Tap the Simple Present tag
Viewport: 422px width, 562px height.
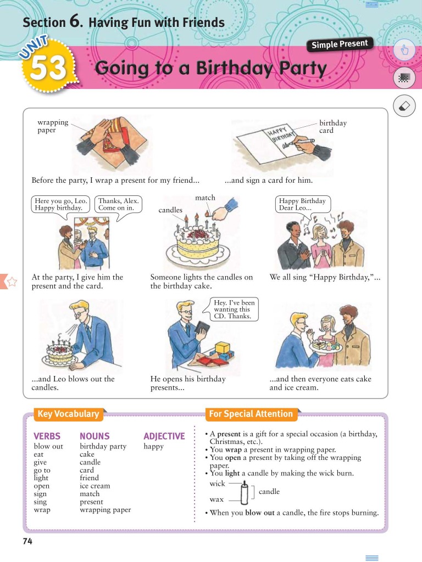coord(340,44)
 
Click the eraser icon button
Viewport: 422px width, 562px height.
coord(404,105)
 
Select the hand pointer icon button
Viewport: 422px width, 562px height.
coord(404,51)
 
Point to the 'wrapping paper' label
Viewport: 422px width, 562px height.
coord(53,126)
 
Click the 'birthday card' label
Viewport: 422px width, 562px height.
coord(333,127)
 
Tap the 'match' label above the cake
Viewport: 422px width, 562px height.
coord(205,198)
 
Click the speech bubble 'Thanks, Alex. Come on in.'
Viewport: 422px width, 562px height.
coord(118,204)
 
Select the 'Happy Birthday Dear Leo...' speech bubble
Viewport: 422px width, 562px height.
coord(302,205)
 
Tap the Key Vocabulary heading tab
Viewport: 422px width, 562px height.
coord(68,414)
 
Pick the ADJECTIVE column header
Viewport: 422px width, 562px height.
coord(164,436)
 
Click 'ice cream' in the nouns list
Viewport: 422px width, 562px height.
coord(95,486)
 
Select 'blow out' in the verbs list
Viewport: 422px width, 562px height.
coord(48,446)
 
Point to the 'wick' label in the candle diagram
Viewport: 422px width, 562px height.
coord(217,484)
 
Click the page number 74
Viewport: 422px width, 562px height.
coord(27,542)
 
